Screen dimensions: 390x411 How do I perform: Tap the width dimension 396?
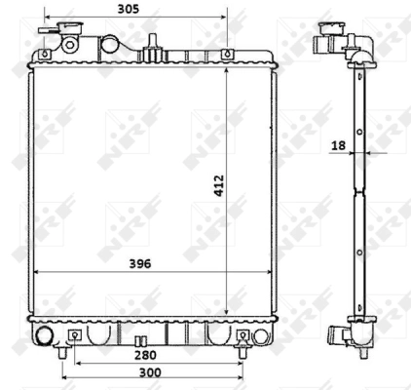(141, 263)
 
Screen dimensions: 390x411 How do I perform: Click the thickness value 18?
(338, 145)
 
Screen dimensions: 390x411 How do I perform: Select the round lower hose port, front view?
(43, 336)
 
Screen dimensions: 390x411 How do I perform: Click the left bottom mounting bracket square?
(75, 336)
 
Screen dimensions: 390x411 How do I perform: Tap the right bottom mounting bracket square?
(243, 336)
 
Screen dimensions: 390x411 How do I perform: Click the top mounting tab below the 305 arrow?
(226, 54)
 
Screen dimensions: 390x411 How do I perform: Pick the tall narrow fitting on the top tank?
(153, 43)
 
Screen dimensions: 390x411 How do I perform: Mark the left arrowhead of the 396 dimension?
(37, 271)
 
